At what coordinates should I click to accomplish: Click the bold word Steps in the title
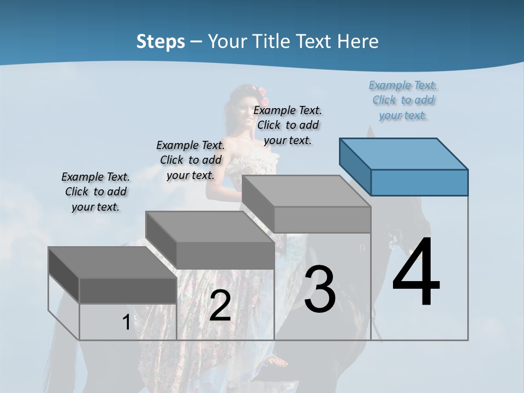click(x=160, y=41)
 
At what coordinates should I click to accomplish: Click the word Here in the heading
click(x=358, y=41)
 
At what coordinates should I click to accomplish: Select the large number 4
click(x=416, y=272)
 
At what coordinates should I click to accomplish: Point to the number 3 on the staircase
click(x=320, y=289)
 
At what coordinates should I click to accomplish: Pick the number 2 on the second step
click(x=220, y=306)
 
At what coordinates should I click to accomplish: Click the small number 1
click(x=126, y=323)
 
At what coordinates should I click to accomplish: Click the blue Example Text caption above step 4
click(x=403, y=100)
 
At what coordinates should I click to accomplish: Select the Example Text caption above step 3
click(x=288, y=125)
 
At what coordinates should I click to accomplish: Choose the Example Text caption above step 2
click(x=190, y=160)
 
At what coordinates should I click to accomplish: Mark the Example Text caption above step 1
click(x=96, y=192)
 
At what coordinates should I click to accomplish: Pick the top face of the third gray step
click(x=306, y=191)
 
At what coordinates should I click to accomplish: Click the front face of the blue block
click(x=419, y=182)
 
